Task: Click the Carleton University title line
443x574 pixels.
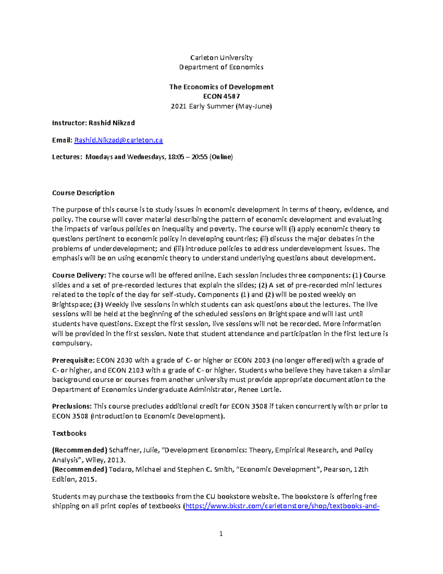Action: (x=221, y=58)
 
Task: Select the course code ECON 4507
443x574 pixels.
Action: (x=221, y=96)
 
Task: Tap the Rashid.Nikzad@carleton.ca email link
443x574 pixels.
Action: (x=119, y=140)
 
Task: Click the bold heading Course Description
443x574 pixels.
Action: (x=83, y=193)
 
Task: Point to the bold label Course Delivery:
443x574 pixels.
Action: (x=79, y=275)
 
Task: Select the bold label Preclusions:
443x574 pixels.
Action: (x=72, y=406)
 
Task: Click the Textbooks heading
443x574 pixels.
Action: (x=69, y=433)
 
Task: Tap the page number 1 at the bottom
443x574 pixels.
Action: (x=221, y=533)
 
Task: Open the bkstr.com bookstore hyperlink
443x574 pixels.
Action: (x=282, y=506)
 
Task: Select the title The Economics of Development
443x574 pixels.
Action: (x=221, y=87)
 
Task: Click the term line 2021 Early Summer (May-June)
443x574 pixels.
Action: (x=221, y=106)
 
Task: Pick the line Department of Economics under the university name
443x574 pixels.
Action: (x=221, y=67)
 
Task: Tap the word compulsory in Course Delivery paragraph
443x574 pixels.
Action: (x=72, y=343)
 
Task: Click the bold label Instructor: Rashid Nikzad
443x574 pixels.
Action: (x=93, y=123)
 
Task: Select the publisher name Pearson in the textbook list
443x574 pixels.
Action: (x=337, y=469)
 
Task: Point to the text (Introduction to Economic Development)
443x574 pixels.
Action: (x=158, y=416)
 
